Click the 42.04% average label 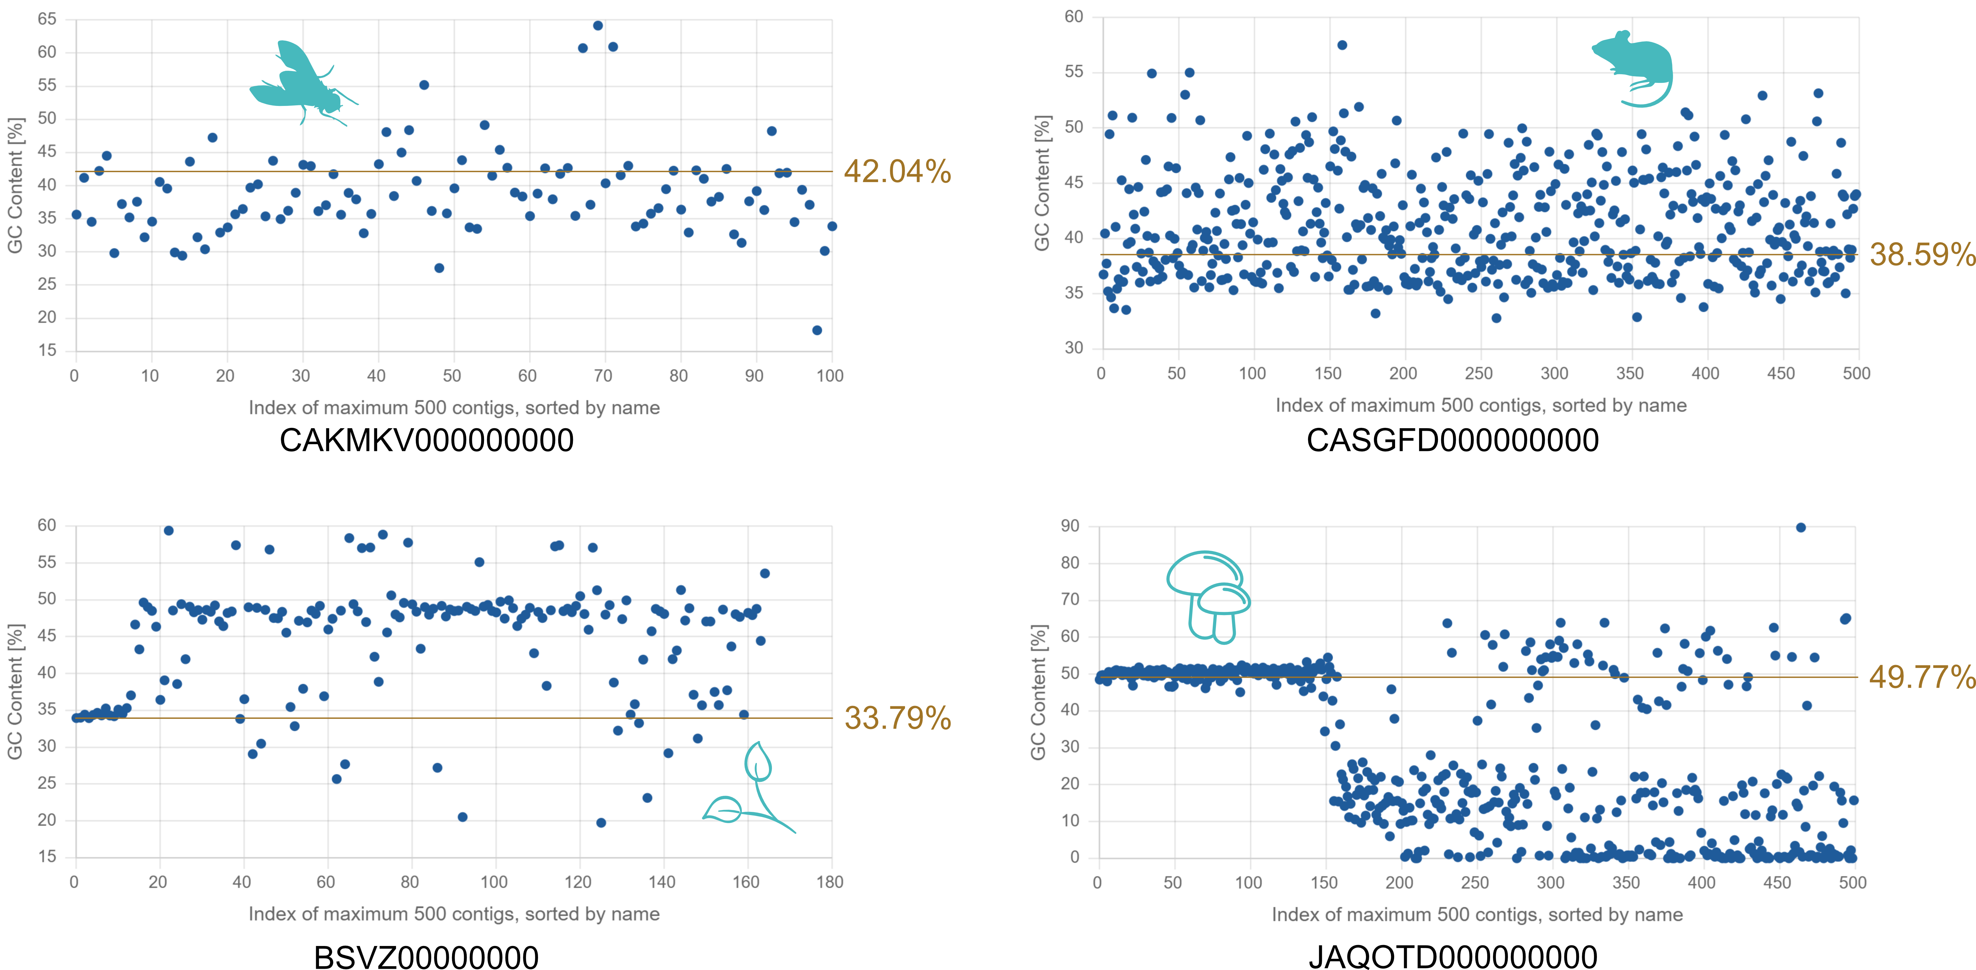tap(898, 171)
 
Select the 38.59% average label tap(1922, 254)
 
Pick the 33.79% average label tap(898, 718)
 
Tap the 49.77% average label tap(1922, 677)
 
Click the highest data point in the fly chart tap(598, 25)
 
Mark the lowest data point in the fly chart tap(817, 330)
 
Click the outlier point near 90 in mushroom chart tap(1800, 527)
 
